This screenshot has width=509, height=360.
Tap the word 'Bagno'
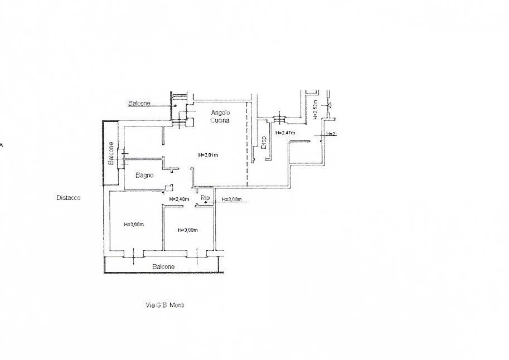[x=145, y=176]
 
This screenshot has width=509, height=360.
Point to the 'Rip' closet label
[x=205, y=197]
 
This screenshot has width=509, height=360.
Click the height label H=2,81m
[x=208, y=155]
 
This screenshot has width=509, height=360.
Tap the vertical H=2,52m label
[x=315, y=110]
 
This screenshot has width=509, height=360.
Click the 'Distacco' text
[x=68, y=197]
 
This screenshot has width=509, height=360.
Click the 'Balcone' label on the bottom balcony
[x=163, y=267]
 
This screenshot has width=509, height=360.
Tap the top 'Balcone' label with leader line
[x=138, y=104]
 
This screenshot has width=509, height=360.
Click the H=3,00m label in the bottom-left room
[x=134, y=225]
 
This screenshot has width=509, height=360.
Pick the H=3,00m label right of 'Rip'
[x=231, y=200]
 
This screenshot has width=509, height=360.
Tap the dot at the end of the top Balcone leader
[x=175, y=105]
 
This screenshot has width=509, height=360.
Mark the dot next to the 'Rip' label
[x=206, y=203]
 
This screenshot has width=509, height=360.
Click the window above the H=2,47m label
[x=278, y=119]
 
